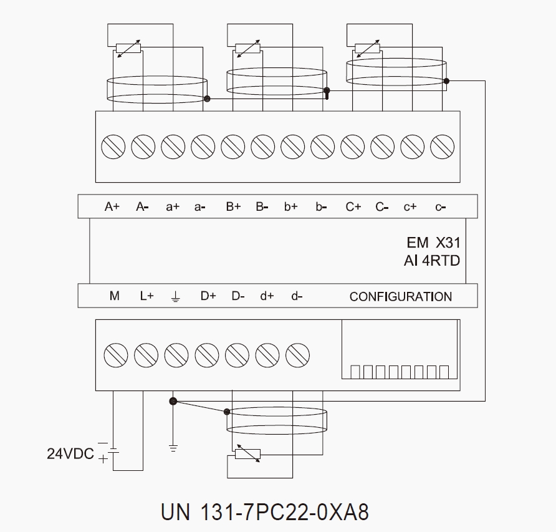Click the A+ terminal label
coord(112,207)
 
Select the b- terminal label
coord(321,207)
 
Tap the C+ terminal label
coord(353,207)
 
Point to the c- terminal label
coord(441,207)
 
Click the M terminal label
coord(114,296)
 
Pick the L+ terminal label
coord(146,296)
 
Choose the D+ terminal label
coord(208,296)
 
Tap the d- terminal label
coord(297,296)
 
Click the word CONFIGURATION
coord(401,297)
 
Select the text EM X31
coord(433,243)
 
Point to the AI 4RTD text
coord(432,261)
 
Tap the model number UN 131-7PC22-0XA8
coord(265,512)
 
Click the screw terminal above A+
coord(112,146)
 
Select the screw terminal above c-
coord(441,146)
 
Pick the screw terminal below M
coord(116,355)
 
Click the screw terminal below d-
coord(298,355)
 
